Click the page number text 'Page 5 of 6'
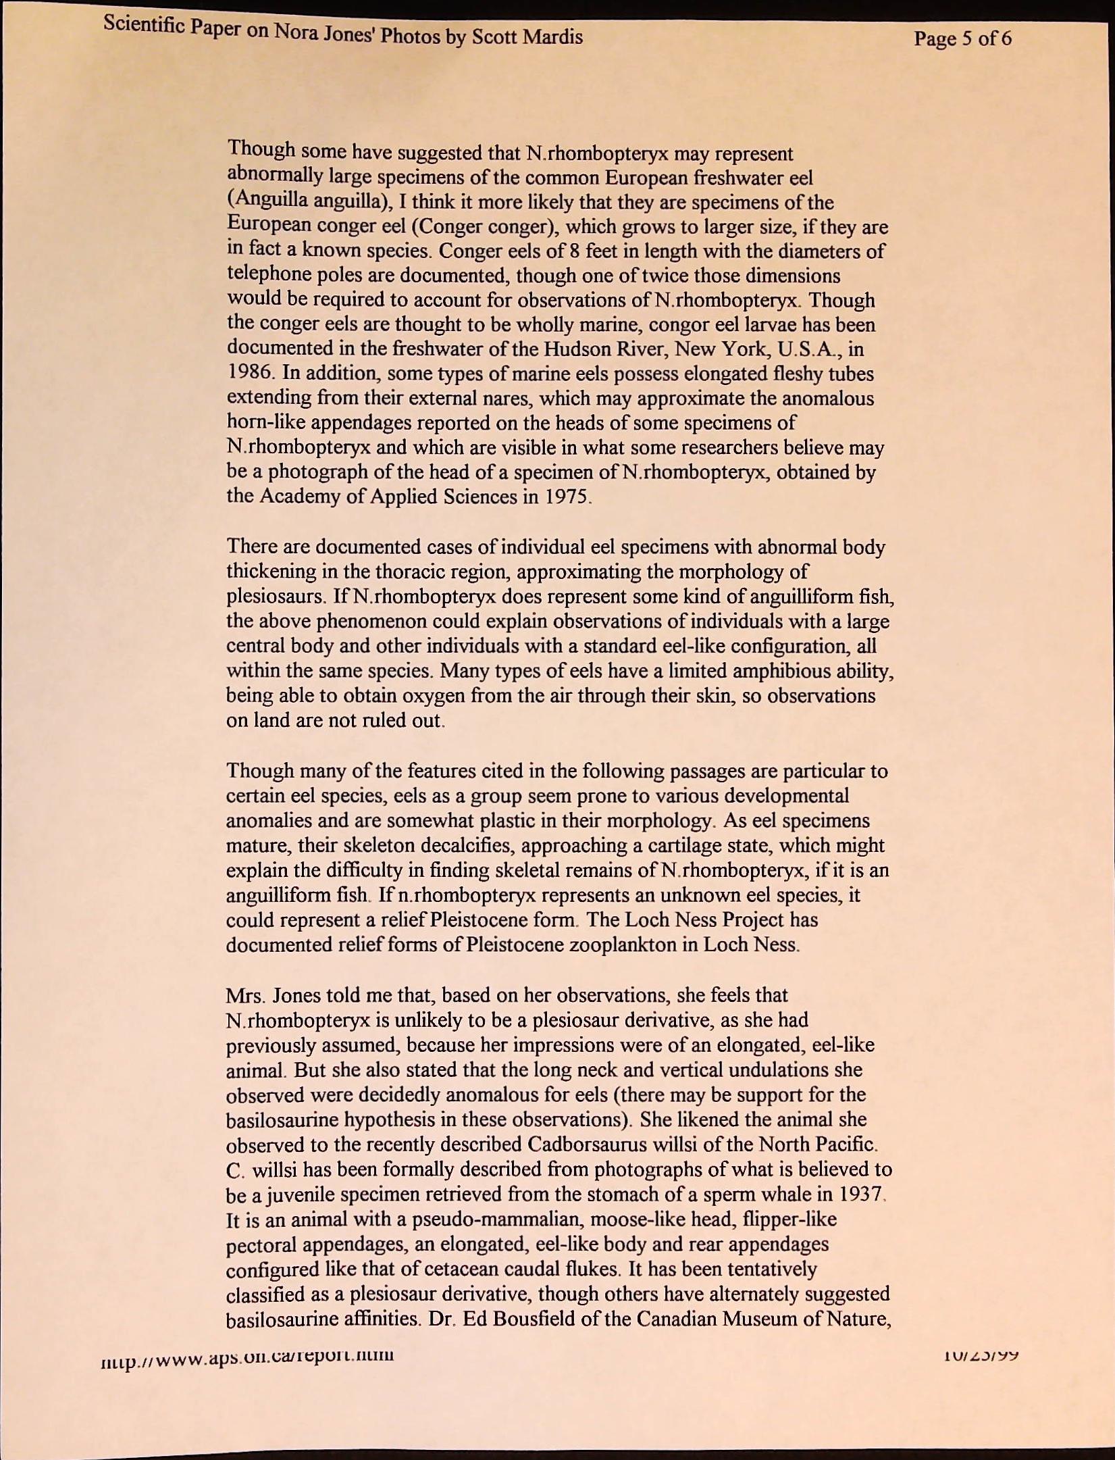click(962, 39)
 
